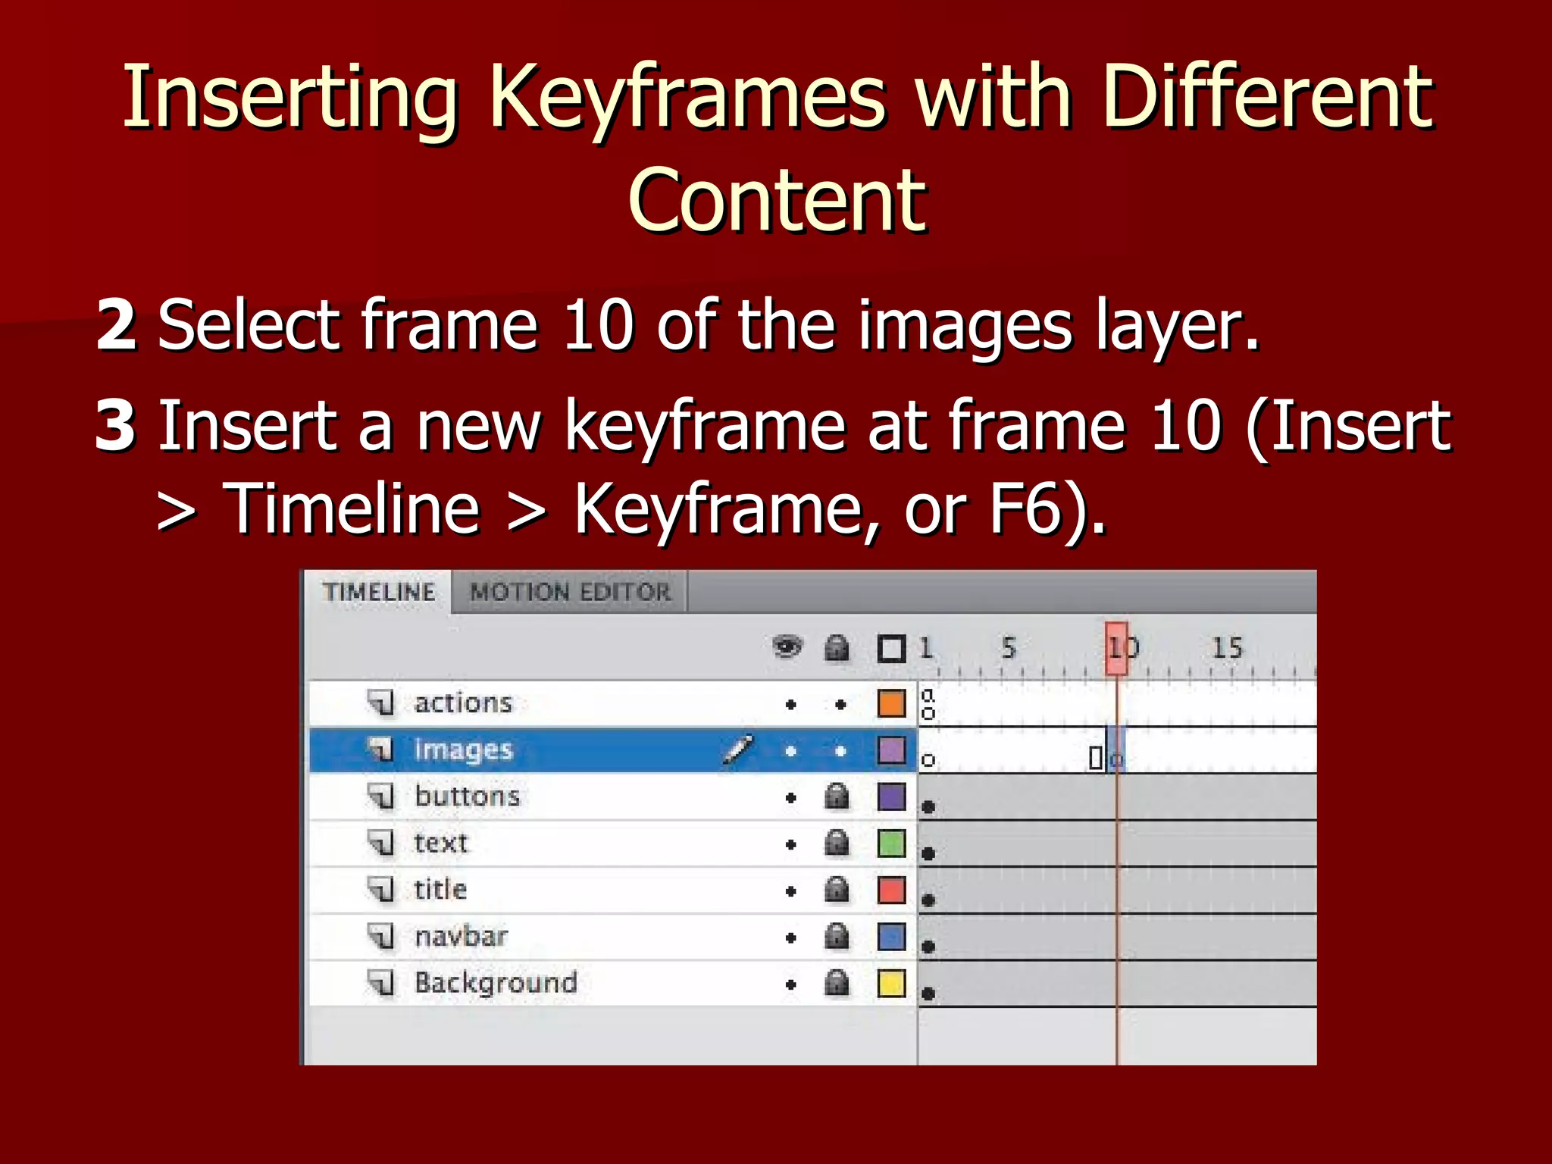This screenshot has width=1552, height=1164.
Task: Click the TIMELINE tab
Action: [x=379, y=592]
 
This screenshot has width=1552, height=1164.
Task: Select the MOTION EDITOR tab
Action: [x=570, y=592]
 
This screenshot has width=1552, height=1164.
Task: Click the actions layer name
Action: [x=463, y=703]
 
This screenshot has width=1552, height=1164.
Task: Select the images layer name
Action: [x=463, y=750]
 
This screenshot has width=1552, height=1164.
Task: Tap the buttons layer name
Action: [x=467, y=796]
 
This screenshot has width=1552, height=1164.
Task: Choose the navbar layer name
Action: [x=461, y=937]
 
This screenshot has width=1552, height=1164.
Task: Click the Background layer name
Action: [x=496, y=983]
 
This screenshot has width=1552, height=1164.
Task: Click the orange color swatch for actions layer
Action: [x=891, y=703]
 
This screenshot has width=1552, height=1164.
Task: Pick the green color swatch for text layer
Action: [x=891, y=843]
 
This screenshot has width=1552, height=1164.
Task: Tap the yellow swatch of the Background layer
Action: [x=891, y=984]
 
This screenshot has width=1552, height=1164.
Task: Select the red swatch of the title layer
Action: [x=891, y=890]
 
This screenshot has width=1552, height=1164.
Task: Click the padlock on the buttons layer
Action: [x=837, y=796]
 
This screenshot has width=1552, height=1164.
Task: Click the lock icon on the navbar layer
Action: [x=837, y=937]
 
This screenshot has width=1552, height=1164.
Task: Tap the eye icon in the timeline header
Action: [x=787, y=648]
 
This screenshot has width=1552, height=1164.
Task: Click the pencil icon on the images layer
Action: [x=737, y=749]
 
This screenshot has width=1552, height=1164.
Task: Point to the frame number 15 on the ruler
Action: [x=1227, y=648]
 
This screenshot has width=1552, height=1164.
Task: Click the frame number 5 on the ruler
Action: [x=1008, y=648]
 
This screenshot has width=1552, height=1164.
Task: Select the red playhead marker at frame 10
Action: [x=1116, y=649]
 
